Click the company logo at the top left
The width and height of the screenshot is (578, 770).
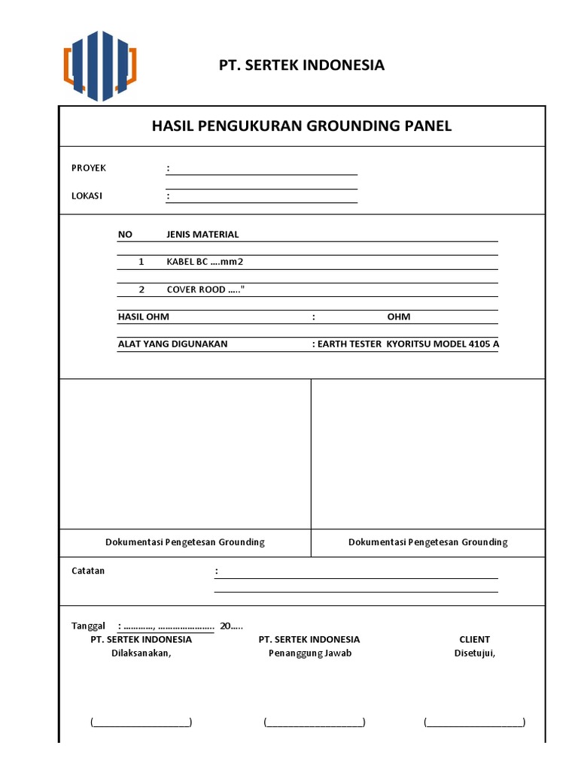pyautogui.click(x=100, y=65)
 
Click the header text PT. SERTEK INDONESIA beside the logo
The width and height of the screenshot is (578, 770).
pyautogui.click(x=301, y=65)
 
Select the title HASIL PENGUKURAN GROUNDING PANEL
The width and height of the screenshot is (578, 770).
pyautogui.click(x=302, y=126)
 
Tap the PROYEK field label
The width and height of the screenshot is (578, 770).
pyautogui.click(x=89, y=168)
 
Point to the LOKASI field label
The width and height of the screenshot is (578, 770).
pyautogui.click(x=87, y=196)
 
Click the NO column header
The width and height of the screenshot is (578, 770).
pyautogui.click(x=125, y=235)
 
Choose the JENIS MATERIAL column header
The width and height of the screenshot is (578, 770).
pyautogui.click(x=202, y=235)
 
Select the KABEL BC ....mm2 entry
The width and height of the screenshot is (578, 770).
pyautogui.click(x=205, y=262)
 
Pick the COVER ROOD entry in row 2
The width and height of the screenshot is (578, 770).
pyautogui.click(x=205, y=290)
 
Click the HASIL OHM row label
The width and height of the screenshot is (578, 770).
pyautogui.click(x=144, y=317)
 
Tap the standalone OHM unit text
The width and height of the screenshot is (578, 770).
pyautogui.click(x=399, y=317)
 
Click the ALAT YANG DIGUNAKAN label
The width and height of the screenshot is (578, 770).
pyautogui.click(x=172, y=344)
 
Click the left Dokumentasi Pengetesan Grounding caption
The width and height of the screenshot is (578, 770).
pyautogui.click(x=184, y=542)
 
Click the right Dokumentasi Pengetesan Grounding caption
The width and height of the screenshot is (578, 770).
pyautogui.click(x=427, y=542)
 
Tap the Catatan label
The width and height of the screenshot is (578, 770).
pyautogui.click(x=88, y=571)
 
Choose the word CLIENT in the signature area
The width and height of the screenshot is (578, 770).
pyautogui.click(x=474, y=639)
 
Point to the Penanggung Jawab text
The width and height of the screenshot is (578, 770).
pyautogui.click(x=310, y=653)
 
